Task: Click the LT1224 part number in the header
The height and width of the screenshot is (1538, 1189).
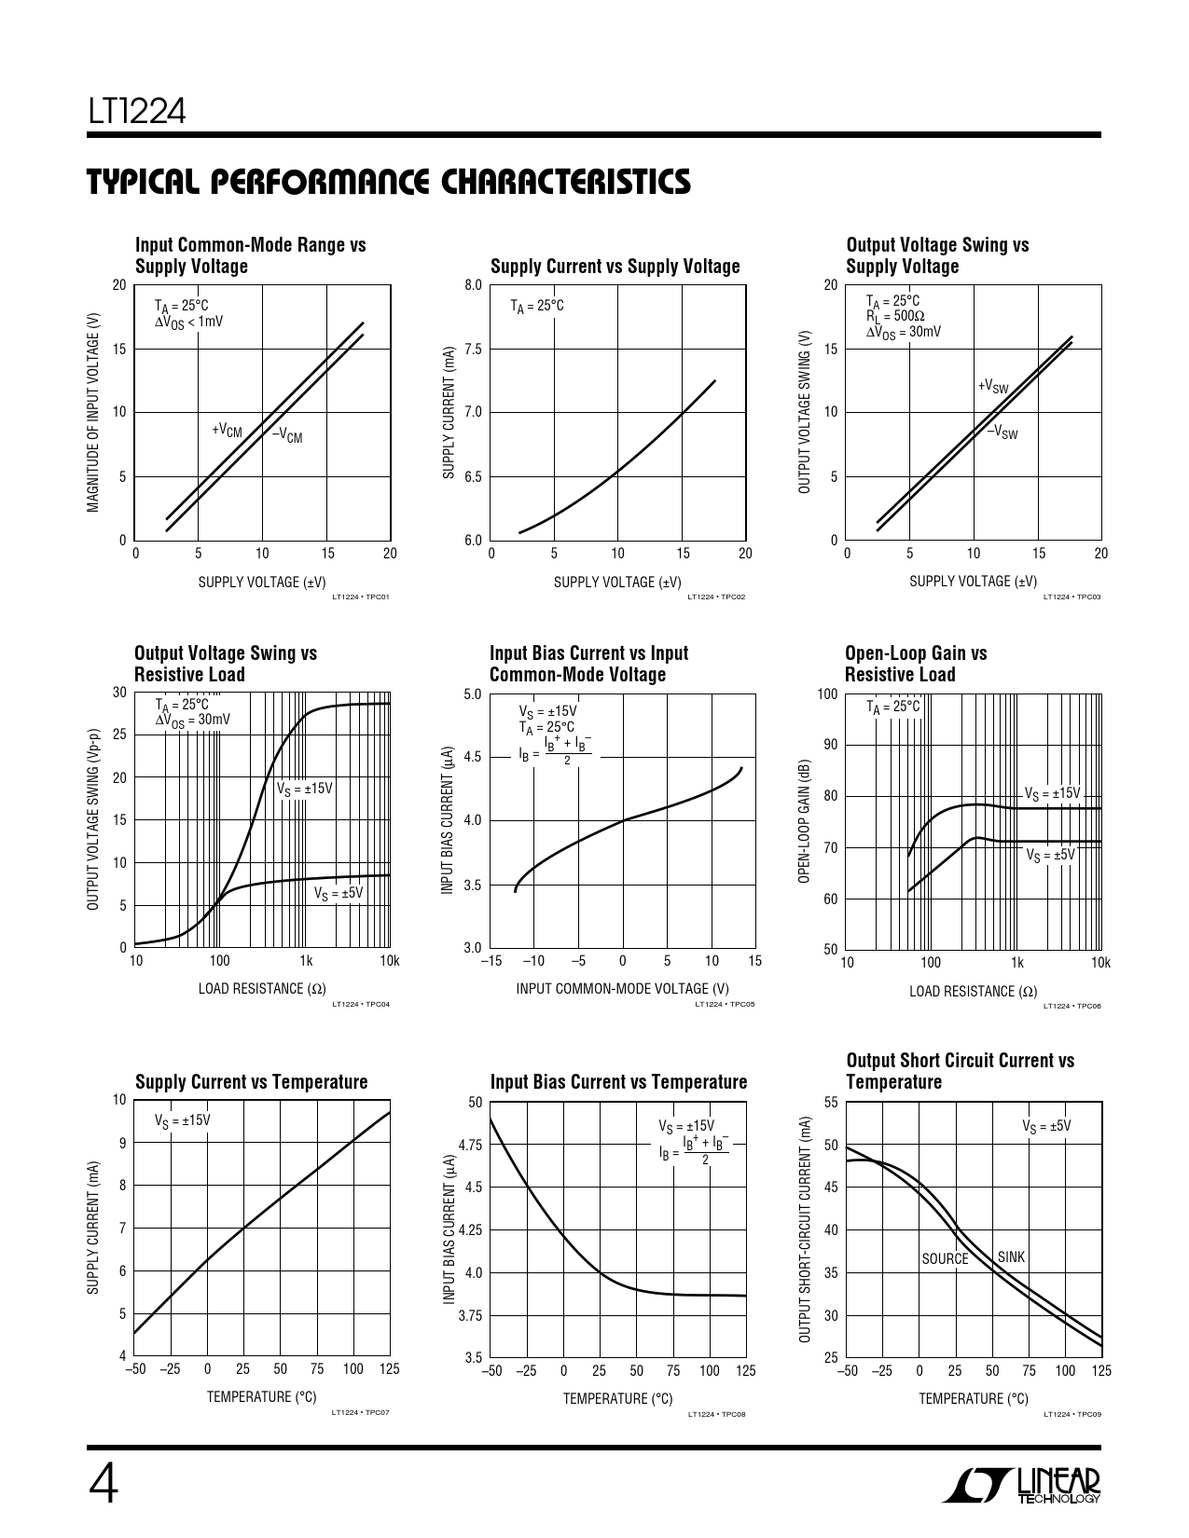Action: (138, 113)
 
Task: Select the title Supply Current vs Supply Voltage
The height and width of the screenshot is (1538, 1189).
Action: (615, 267)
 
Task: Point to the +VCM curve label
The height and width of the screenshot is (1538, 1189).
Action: (227, 430)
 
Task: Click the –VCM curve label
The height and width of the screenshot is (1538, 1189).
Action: (287, 434)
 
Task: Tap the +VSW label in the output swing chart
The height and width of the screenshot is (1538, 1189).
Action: (992, 386)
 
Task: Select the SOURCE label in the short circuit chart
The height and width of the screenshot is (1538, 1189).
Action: (945, 1258)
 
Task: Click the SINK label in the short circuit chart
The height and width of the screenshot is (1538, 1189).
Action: (1011, 1256)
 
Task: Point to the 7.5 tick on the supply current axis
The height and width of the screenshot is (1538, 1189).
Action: (473, 349)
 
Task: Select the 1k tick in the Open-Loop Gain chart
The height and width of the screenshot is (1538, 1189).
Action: (1016, 962)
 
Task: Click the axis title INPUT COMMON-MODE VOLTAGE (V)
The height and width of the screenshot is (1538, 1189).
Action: (622, 988)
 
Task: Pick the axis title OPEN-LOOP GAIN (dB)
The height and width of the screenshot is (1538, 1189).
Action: (804, 821)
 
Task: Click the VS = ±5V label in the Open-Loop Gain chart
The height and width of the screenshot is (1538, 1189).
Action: (1050, 855)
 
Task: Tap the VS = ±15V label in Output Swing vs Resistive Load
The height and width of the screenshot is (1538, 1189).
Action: (304, 789)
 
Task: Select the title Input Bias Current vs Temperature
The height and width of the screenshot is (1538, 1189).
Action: (618, 1081)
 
